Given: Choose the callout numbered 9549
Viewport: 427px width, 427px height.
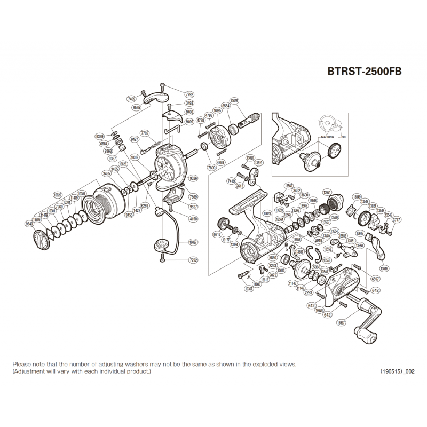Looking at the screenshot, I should (29, 224).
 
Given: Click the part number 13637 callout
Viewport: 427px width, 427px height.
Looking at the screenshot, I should (341, 322).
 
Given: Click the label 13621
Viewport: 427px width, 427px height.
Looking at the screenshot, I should (328, 192).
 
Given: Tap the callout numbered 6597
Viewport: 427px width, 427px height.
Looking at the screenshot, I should (376, 279).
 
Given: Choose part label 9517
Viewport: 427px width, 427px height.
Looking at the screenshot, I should (218, 234).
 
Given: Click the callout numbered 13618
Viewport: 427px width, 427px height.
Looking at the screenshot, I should (384, 268).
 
